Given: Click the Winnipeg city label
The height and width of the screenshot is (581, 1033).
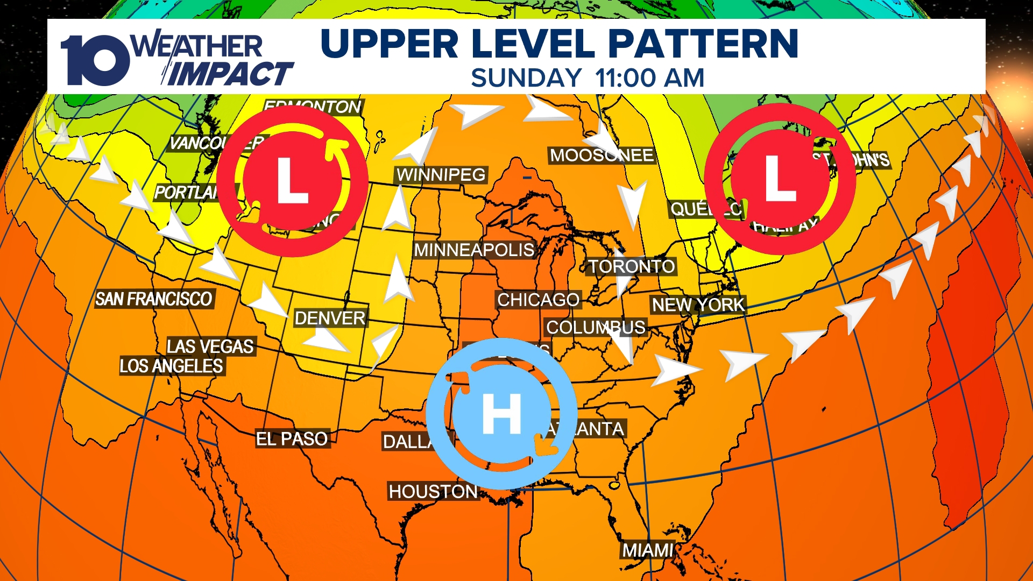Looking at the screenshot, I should (x=441, y=175).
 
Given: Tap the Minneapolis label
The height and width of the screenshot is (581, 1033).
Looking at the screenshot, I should (x=474, y=250).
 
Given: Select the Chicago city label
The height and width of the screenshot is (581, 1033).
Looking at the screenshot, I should (x=538, y=300).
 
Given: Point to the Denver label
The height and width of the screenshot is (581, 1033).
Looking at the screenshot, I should (x=330, y=318).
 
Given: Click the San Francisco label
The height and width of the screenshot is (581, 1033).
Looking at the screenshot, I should (x=154, y=299).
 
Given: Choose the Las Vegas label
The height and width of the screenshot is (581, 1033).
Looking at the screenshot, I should (x=210, y=346).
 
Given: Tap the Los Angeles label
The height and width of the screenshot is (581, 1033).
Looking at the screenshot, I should (x=171, y=366).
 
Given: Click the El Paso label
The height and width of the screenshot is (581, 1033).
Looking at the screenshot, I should (x=292, y=439).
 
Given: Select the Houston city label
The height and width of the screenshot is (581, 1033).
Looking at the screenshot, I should (x=433, y=491).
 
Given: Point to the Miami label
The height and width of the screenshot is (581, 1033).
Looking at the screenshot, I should (x=648, y=550).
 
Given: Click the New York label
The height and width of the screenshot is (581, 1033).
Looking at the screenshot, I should (x=698, y=305).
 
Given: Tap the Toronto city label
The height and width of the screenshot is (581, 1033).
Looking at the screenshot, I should (x=632, y=266).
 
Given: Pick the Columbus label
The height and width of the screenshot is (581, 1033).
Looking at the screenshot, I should (x=596, y=327).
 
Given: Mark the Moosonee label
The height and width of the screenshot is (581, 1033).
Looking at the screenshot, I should (x=602, y=155).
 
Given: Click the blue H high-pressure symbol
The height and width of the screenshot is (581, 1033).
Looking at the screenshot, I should (x=501, y=414).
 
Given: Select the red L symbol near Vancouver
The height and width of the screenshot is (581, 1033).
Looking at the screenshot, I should (x=292, y=181).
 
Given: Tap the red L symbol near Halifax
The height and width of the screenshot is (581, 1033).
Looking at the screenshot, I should (x=780, y=179).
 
